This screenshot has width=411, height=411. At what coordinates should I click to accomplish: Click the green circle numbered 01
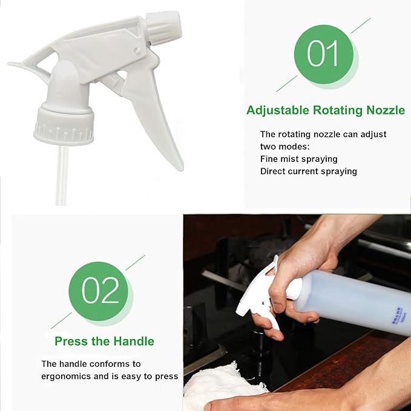click(x=323, y=54)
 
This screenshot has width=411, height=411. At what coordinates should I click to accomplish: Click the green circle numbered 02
click(x=98, y=291)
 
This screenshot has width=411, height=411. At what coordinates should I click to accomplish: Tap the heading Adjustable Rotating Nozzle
click(x=326, y=110)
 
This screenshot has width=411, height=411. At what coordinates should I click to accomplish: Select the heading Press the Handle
click(x=104, y=341)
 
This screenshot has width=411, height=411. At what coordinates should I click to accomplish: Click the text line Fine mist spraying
click(x=298, y=159)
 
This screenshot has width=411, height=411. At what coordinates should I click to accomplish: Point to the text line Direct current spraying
click(x=308, y=171)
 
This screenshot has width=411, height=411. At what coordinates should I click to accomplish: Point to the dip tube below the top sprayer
click(x=60, y=176)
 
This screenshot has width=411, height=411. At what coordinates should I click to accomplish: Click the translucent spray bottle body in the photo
click(x=351, y=300)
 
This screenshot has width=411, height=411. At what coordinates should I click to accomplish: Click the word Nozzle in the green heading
click(x=385, y=110)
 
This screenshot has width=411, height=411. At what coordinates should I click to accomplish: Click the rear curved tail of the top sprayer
click(x=24, y=65)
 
